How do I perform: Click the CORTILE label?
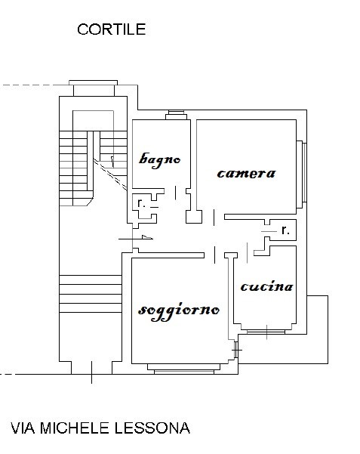(112, 29)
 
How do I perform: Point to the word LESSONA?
(152, 428)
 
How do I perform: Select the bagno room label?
(159, 160)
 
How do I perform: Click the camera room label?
(246, 174)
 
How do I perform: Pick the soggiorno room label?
(179, 311)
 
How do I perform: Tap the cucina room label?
(266, 286)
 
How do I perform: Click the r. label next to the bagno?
(141, 203)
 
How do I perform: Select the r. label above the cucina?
(285, 230)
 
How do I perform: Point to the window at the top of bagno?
(177, 115)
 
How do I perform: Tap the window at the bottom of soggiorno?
(183, 369)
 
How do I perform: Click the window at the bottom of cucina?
(266, 332)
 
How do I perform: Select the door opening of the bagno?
(175, 193)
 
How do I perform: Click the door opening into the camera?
(214, 217)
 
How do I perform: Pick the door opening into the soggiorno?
(214, 255)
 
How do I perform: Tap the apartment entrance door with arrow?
(136, 239)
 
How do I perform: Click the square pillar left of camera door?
(194, 217)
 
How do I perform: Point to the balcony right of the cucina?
(317, 329)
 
